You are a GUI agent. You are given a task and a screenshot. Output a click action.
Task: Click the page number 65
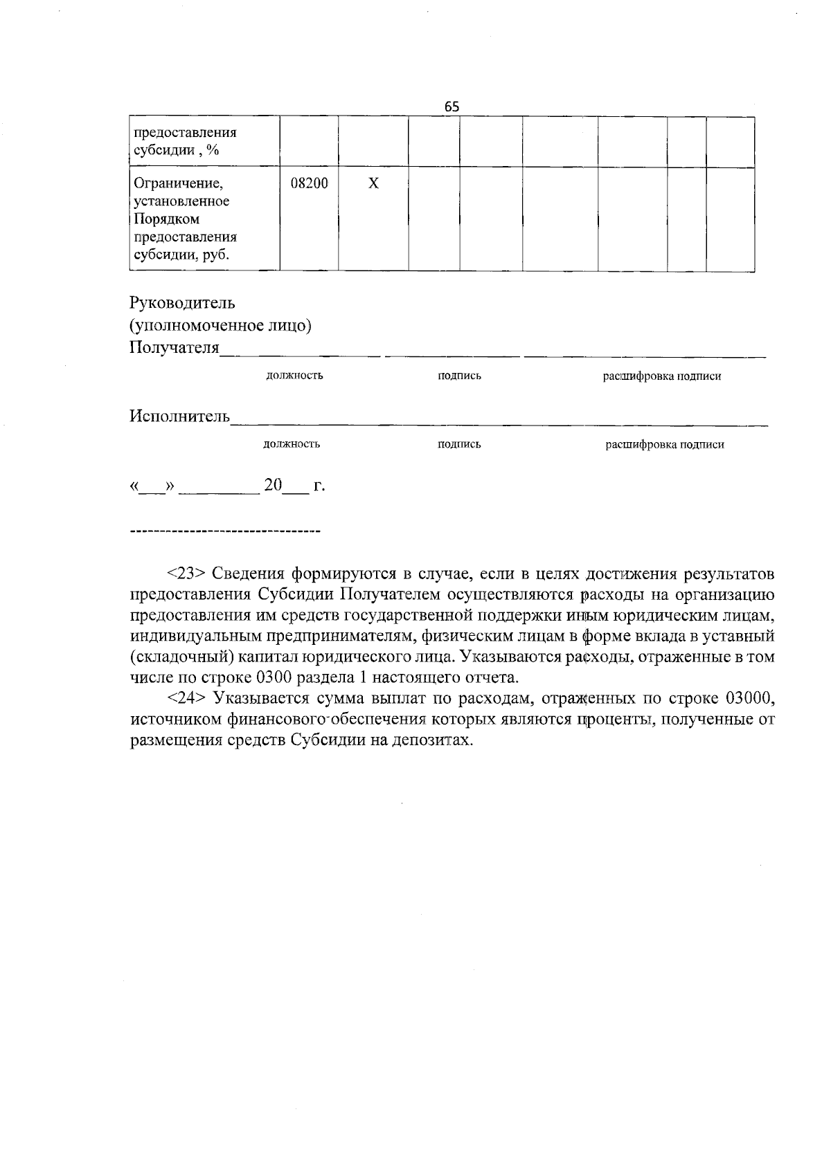(452, 107)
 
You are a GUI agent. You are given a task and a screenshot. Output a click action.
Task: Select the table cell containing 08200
(309, 184)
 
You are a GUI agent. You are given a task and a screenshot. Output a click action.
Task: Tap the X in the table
(373, 184)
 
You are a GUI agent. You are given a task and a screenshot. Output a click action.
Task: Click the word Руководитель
(182, 303)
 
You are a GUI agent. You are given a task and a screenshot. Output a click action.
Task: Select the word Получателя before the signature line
(174, 347)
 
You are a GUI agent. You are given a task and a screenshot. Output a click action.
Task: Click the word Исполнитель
(179, 417)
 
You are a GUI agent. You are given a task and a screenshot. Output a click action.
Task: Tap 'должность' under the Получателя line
(294, 376)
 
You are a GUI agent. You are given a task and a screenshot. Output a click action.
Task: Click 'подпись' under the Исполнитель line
(459, 444)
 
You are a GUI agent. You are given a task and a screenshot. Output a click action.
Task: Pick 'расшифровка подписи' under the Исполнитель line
(665, 444)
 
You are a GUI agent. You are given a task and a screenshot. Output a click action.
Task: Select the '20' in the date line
(273, 486)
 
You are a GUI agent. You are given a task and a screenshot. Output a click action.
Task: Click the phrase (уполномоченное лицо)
(220, 325)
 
